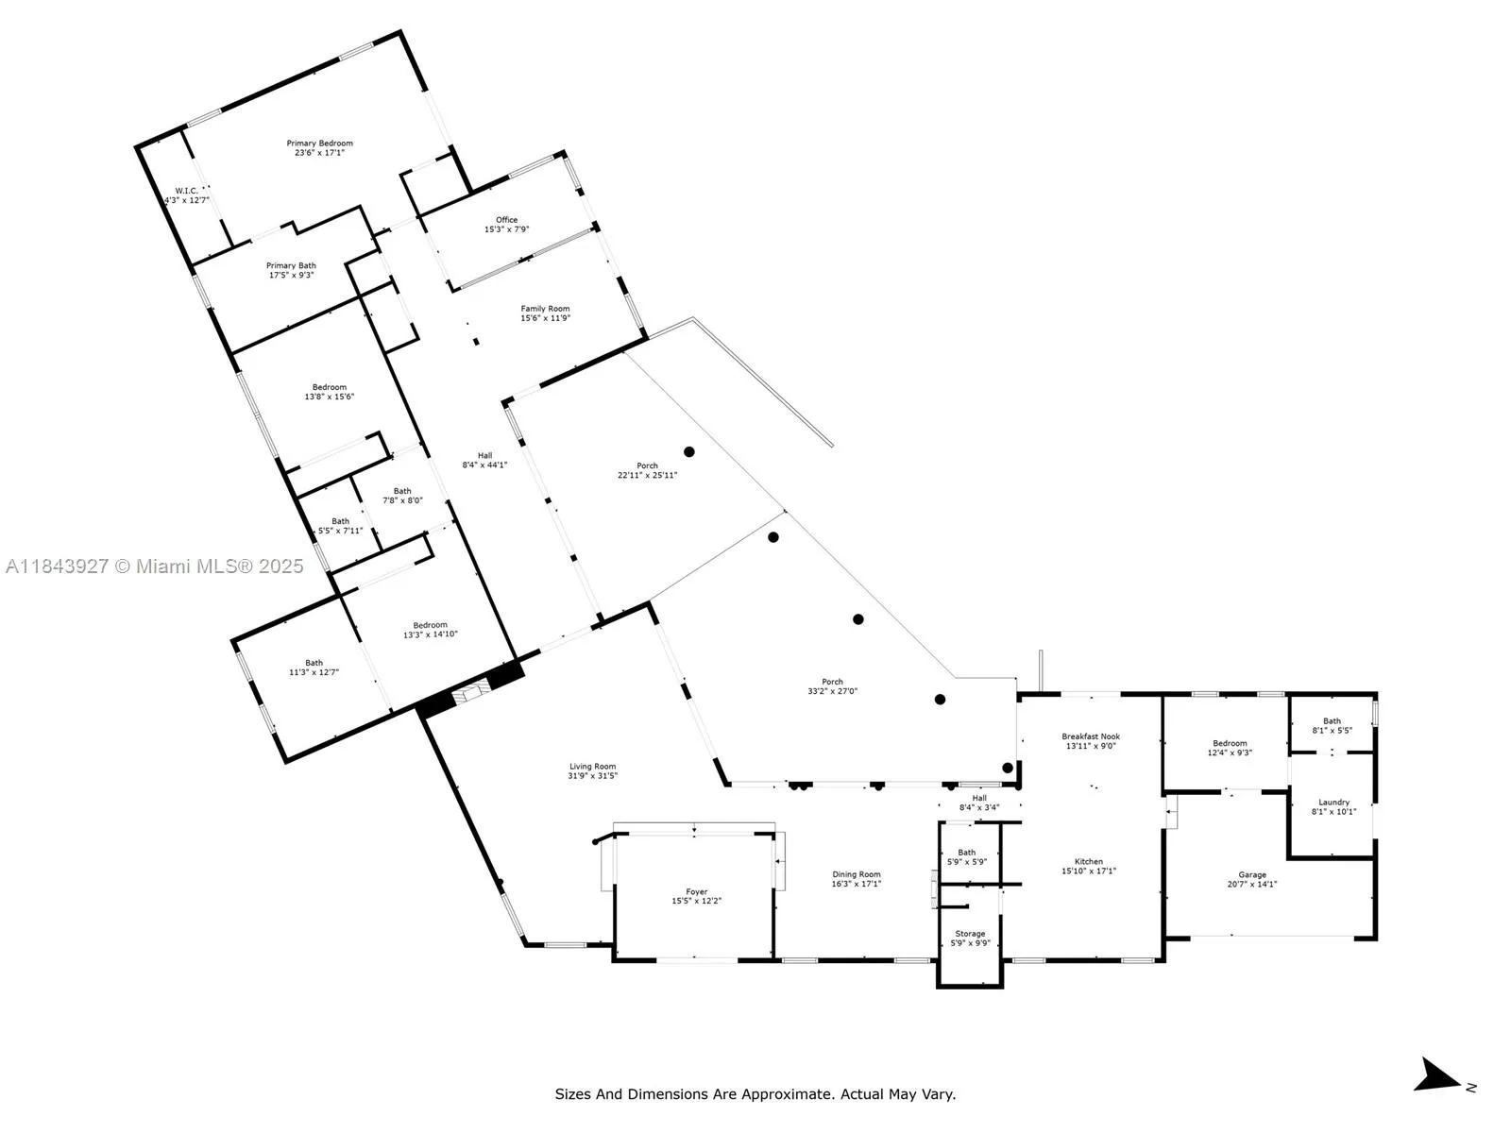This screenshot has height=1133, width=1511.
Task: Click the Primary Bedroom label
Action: (319, 144)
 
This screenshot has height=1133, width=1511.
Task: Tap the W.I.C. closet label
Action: (186, 191)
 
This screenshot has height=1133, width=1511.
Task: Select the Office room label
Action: (506, 220)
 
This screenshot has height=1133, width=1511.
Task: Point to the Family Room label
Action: (545, 309)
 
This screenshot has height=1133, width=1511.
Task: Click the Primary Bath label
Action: (291, 265)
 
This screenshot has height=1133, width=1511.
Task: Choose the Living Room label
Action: (593, 767)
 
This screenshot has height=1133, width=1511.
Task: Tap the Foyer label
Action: (697, 891)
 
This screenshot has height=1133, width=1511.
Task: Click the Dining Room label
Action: (857, 874)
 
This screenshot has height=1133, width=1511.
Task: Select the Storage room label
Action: (970, 934)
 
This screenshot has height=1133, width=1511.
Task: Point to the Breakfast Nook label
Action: (1091, 736)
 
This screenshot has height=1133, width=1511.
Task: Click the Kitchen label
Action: (1089, 861)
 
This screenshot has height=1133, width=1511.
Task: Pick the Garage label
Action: (1252, 875)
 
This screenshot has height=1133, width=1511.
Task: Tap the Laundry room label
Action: (1334, 803)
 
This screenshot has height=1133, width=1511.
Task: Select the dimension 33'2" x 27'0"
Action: (833, 691)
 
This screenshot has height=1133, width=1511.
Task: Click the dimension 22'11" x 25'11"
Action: (647, 475)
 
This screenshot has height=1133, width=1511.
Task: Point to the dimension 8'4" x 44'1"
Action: (484, 465)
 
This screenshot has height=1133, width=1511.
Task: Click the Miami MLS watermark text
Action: (154, 566)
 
